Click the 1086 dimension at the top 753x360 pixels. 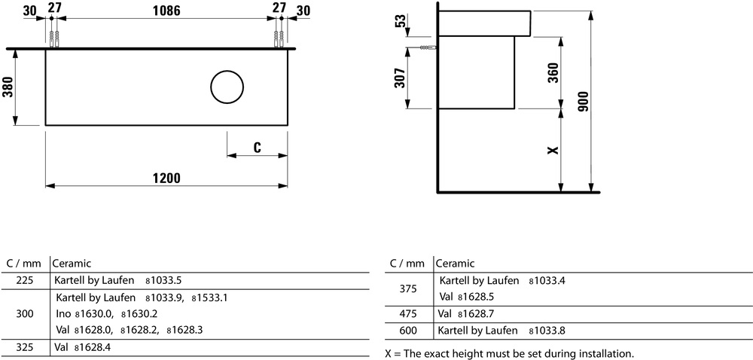point(166,10)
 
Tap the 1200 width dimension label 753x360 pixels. point(166,178)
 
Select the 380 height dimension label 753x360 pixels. point(8,87)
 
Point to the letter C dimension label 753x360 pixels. point(257,148)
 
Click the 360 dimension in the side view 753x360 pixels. point(553,73)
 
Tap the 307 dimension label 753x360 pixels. point(400,78)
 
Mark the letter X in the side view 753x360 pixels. point(553,150)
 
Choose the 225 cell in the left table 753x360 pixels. point(25,280)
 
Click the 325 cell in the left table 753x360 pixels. point(25,346)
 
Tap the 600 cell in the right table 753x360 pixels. point(408,331)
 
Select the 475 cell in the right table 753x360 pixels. point(408,314)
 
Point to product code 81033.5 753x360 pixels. point(163,280)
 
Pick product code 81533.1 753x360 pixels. point(209,297)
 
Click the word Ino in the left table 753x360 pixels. point(63,314)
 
